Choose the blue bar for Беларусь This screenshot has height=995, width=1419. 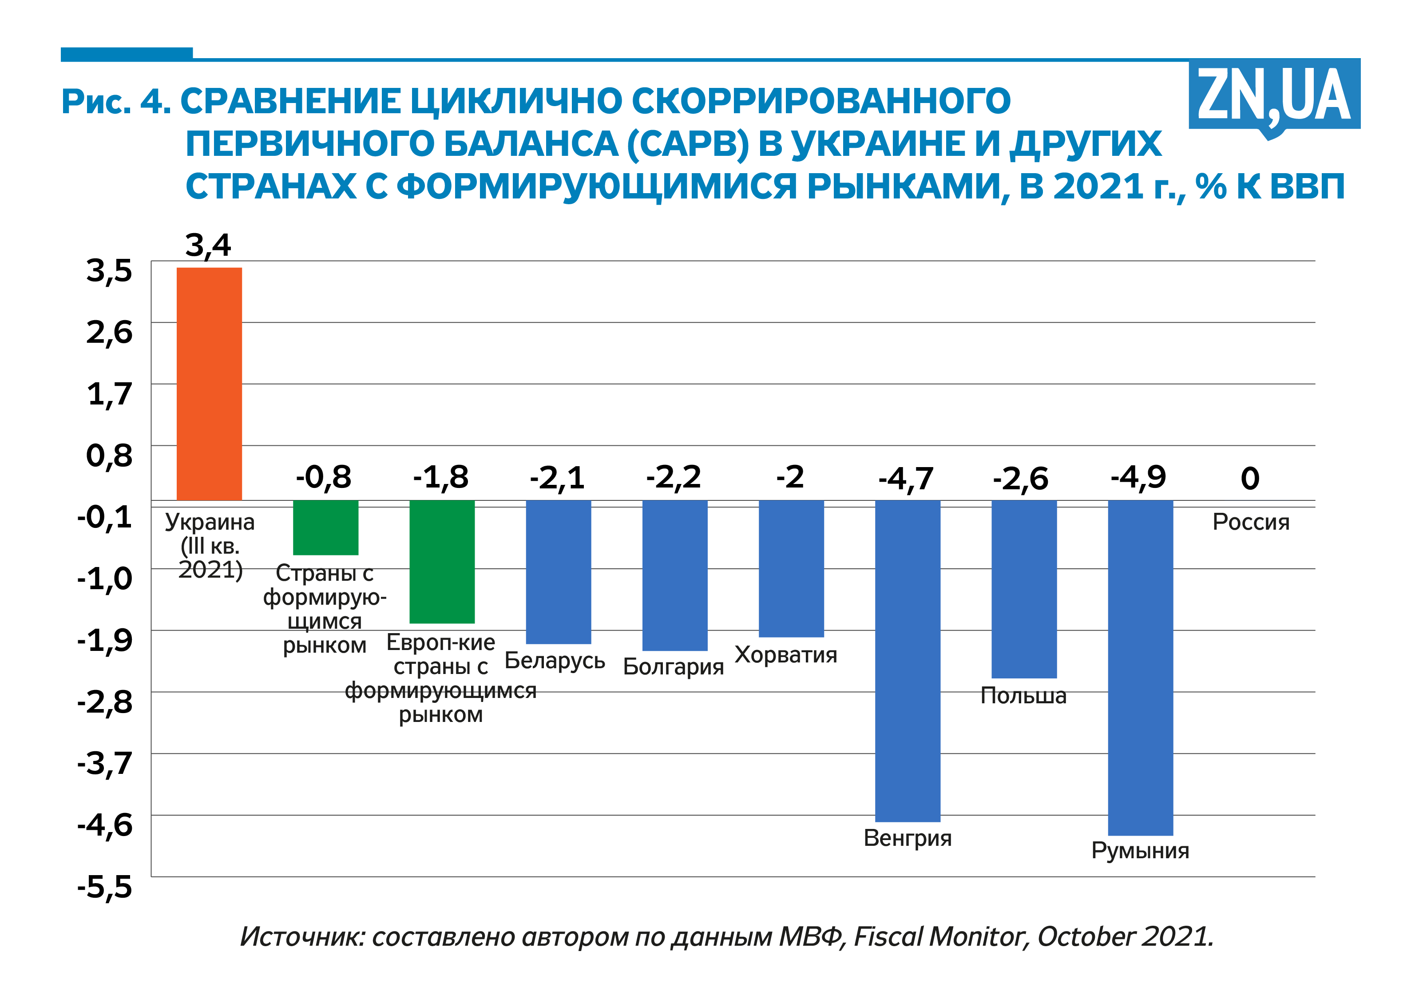558,572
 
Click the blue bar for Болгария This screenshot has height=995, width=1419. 674,575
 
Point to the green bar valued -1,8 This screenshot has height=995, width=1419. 442,561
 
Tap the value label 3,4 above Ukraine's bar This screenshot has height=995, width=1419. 208,246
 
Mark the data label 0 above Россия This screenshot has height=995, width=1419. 1250,479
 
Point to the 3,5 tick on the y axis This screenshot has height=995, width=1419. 109,271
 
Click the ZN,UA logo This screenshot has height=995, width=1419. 1274,97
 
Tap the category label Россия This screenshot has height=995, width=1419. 1250,522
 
